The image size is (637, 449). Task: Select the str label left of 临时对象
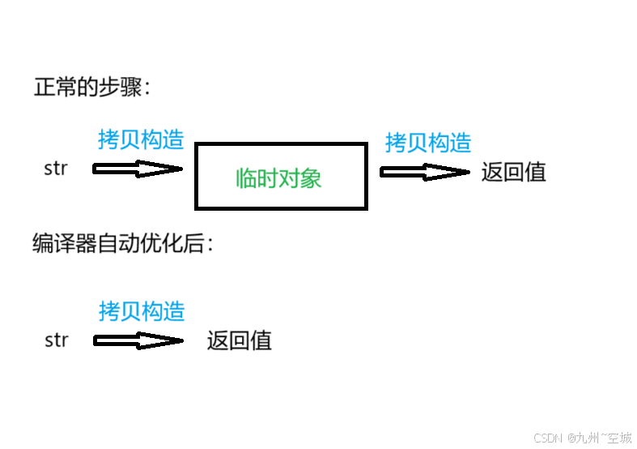[x=56, y=169]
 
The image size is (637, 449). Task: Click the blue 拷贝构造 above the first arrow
[x=141, y=139]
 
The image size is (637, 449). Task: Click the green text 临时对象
[x=278, y=178]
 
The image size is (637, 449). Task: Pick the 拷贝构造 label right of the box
[x=428, y=143]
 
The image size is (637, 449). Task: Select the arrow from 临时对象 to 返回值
[x=424, y=172]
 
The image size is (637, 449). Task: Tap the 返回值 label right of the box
[x=514, y=172]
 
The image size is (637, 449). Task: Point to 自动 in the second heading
[x=118, y=243]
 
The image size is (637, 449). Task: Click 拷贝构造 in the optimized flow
[x=142, y=310]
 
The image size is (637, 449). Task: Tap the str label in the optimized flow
[x=56, y=340]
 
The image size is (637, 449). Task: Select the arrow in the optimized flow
[x=138, y=340]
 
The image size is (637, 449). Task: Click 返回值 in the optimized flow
[x=239, y=340]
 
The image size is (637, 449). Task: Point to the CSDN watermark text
[x=548, y=438]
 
